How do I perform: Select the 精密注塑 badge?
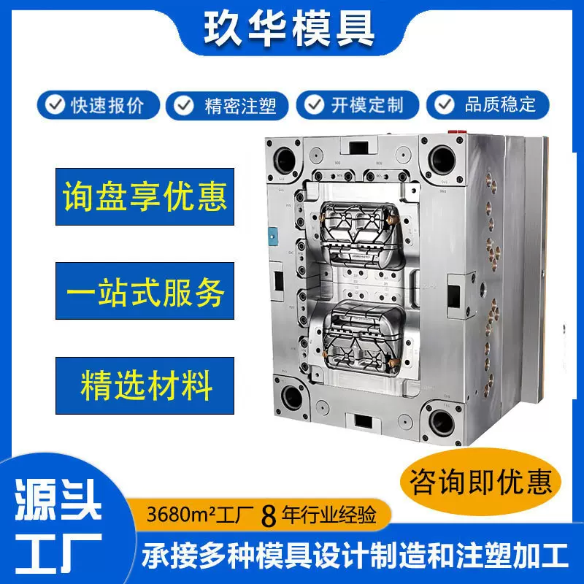(227, 105)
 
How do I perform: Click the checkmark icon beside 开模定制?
(315, 104)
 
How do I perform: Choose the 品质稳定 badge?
(488, 104)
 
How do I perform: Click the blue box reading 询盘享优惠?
(145, 196)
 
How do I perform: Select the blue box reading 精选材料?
(145, 385)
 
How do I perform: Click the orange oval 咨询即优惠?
(481, 483)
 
